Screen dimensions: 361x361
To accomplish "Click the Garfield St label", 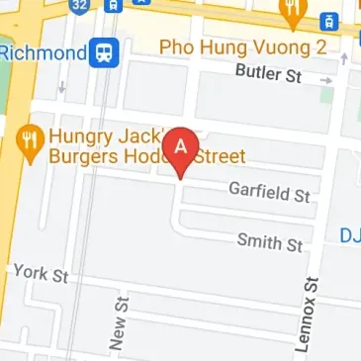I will [269, 191].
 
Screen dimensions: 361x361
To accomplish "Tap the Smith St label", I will [270, 240].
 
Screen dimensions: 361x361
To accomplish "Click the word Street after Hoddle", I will [220, 156].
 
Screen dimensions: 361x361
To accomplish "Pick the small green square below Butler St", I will [326, 96].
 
